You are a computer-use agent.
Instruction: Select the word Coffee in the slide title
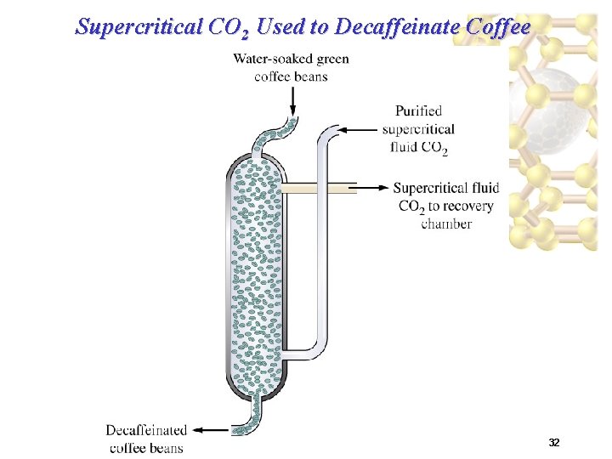pyautogui.click(x=499, y=27)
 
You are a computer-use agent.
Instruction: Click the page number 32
pyautogui.click(x=553, y=443)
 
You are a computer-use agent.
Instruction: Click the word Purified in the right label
pyautogui.click(x=418, y=110)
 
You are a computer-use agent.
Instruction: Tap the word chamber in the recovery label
pyautogui.click(x=446, y=224)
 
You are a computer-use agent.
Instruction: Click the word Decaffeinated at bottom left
pyautogui.click(x=146, y=430)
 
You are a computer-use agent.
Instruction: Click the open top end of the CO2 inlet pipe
pyautogui.click(x=333, y=130)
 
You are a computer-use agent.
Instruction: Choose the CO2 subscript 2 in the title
pyautogui.click(x=244, y=35)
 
